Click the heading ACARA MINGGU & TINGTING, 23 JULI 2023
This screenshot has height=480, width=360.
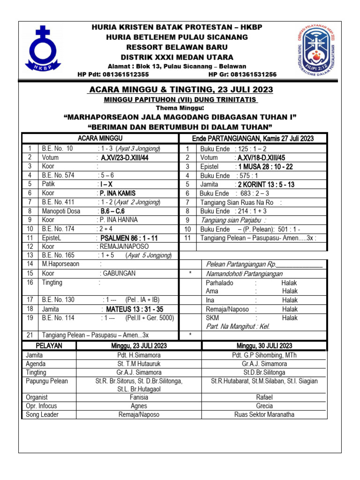pyautogui.click(x=180, y=90)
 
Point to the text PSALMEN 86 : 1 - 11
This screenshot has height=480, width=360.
pyautogui.click(x=130, y=238)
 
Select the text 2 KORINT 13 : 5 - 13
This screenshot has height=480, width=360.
pyautogui.click(x=266, y=185)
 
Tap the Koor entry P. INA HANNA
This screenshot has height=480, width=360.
pyautogui.click(x=117, y=220)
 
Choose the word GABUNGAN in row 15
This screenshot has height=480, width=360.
pyautogui.click(x=117, y=273)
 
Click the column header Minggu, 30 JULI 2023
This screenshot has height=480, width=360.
pyautogui.click(x=264, y=346)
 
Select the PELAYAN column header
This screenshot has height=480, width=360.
pyautogui.click(x=49, y=346)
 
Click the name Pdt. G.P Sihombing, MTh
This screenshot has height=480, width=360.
pyautogui.click(x=264, y=356)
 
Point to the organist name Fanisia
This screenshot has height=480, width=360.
pyautogui.click(x=139, y=397)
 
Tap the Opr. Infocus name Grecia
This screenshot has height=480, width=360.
pyautogui.click(x=264, y=406)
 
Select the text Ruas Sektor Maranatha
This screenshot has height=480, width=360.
pyautogui.click(x=264, y=415)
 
